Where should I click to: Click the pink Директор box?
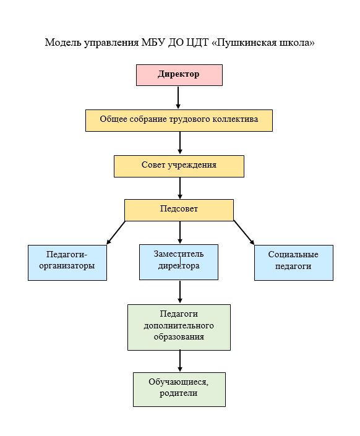(x=179, y=75)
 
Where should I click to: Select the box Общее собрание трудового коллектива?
(x=179, y=121)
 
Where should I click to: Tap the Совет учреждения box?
(x=179, y=166)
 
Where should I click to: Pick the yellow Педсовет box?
(x=179, y=210)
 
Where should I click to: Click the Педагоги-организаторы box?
(x=67, y=263)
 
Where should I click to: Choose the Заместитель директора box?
(x=179, y=262)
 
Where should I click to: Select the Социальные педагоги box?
(x=294, y=263)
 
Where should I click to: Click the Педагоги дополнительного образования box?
(x=179, y=327)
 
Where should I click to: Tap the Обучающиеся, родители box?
(x=179, y=390)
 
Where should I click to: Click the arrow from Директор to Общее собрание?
(x=178, y=98)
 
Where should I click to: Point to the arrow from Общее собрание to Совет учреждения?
(x=180, y=143)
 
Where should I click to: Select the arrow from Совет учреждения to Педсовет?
(x=180, y=188)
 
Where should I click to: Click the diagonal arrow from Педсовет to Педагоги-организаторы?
(x=116, y=233)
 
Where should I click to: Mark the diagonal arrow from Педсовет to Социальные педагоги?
(x=244, y=233)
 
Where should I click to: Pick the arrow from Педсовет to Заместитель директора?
(x=180, y=233)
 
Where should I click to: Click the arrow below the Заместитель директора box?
(x=180, y=292)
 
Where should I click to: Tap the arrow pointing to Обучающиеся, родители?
(x=180, y=361)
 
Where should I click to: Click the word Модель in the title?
(x=63, y=43)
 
